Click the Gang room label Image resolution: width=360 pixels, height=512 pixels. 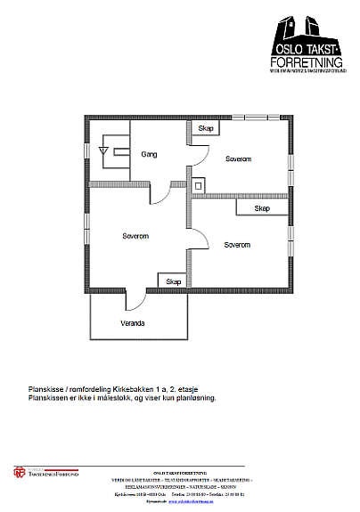(x=149, y=154)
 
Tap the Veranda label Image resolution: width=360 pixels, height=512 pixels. (x=134, y=322)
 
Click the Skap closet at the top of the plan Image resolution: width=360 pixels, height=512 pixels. (x=205, y=129)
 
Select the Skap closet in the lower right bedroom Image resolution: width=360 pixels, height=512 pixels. (x=261, y=207)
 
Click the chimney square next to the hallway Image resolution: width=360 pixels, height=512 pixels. (x=203, y=186)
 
